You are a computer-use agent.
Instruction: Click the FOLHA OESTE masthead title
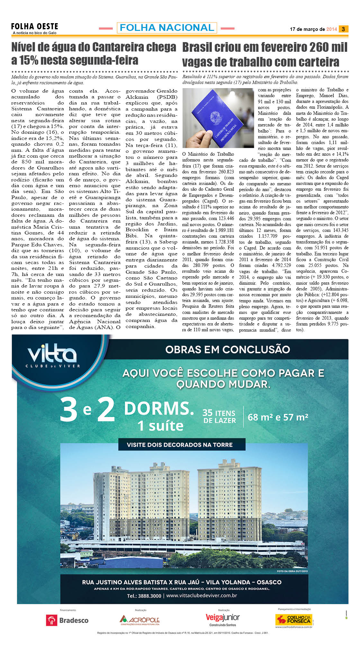tap(34, 26)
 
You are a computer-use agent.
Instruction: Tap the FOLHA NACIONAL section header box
tap(167, 28)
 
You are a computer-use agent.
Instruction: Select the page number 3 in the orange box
tap(343, 29)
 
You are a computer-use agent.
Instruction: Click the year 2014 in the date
tap(331, 29)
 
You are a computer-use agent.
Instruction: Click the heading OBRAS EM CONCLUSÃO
tap(228, 349)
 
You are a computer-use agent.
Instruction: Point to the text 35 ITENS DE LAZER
tap(219, 416)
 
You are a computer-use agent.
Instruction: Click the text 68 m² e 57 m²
tap(278, 417)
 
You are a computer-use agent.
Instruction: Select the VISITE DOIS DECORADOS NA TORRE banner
tap(180, 445)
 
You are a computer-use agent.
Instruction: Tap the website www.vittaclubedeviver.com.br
tap(202, 596)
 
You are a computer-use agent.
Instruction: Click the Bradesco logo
tap(67, 620)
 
